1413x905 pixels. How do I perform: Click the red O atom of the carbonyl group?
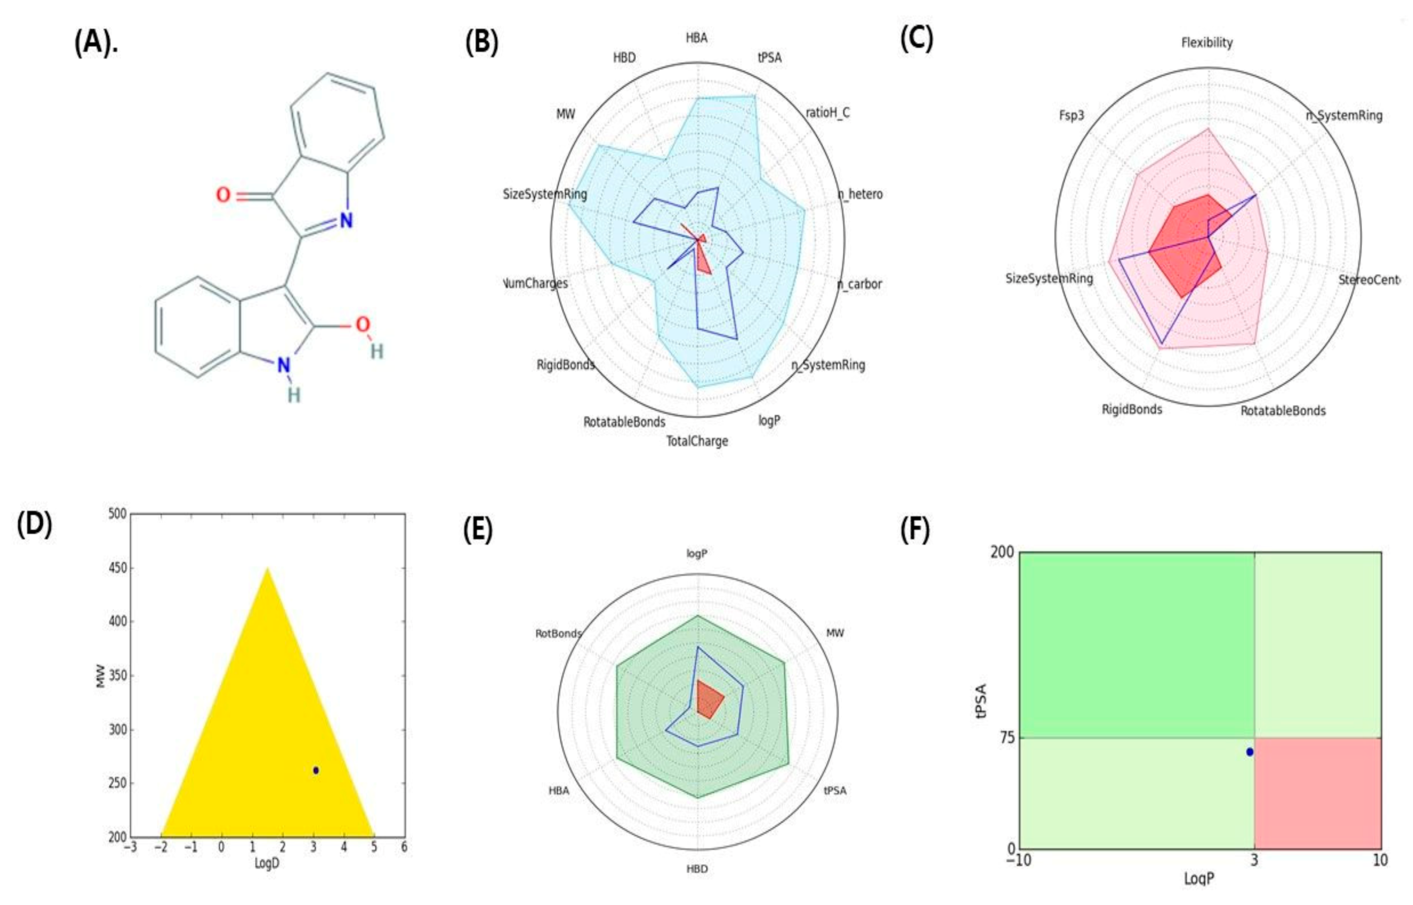pyautogui.click(x=223, y=195)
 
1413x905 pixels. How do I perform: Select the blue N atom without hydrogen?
pyautogui.click(x=346, y=221)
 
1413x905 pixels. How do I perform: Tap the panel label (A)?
pyautogui.click(x=95, y=43)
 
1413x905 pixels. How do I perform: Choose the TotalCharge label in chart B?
pyautogui.click(x=697, y=441)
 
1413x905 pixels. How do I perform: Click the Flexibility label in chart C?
pyautogui.click(x=1207, y=42)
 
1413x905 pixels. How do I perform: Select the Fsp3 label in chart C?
pyautogui.click(x=1071, y=115)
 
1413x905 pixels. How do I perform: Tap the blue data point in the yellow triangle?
pyautogui.click(x=316, y=770)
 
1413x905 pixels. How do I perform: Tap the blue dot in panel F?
pyautogui.click(x=1250, y=752)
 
